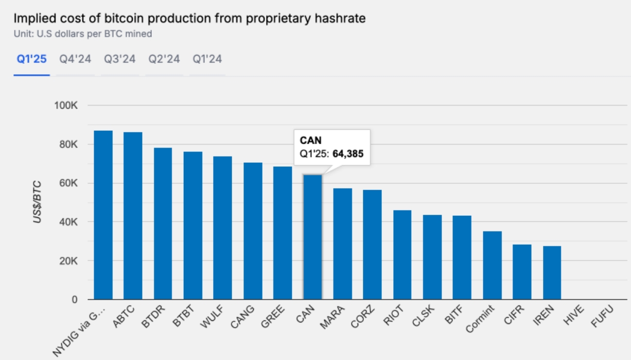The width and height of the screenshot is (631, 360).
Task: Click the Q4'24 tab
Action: [x=75, y=59]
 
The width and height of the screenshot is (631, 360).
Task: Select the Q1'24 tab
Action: [x=207, y=59]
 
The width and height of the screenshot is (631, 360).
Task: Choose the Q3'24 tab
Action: [x=119, y=59]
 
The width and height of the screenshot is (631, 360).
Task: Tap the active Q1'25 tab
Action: [x=31, y=59]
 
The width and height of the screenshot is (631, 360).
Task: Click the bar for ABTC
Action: [x=133, y=216]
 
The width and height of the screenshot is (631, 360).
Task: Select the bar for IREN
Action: [x=552, y=273]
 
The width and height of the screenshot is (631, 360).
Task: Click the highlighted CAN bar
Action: [x=312, y=237]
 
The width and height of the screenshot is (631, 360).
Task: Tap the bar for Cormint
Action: [x=492, y=265]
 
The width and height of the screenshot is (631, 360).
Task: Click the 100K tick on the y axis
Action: [x=65, y=106]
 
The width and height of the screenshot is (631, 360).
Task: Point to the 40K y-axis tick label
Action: [x=67, y=222]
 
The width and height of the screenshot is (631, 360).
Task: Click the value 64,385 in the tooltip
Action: [x=348, y=153]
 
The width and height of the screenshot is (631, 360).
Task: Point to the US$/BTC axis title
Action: [x=38, y=202]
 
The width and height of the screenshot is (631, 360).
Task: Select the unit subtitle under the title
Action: [x=82, y=34]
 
